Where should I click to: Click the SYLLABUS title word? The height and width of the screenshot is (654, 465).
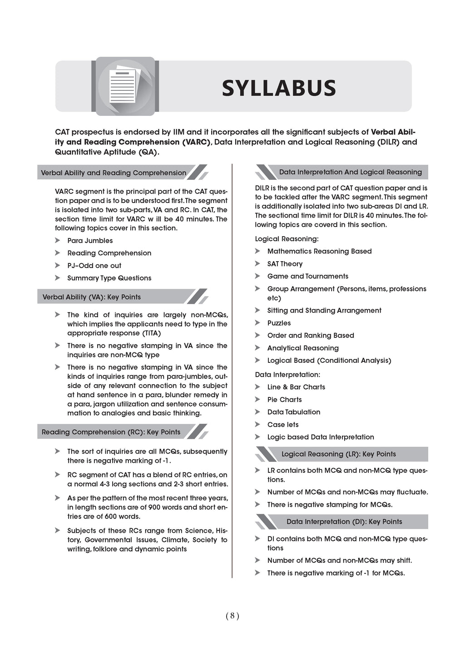click(x=278, y=88)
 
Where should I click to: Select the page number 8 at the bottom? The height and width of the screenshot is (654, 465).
click(x=232, y=616)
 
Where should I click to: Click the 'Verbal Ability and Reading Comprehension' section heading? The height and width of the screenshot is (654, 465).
click(x=114, y=173)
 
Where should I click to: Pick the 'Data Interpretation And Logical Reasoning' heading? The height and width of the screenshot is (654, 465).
click(x=350, y=172)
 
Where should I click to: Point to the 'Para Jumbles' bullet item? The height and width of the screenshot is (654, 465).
click(x=90, y=241)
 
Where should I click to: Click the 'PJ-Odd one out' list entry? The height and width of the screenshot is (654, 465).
click(x=94, y=266)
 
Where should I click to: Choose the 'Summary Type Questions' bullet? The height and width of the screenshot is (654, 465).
click(x=109, y=278)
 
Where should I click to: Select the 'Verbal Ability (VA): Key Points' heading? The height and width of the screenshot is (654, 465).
click(x=92, y=297)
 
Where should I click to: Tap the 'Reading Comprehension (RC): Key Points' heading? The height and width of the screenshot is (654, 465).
click(x=111, y=432)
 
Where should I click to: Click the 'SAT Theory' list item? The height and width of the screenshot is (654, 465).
click(x=285, y=264)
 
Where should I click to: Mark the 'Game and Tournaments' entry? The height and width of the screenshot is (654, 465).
click(x=307, y=276)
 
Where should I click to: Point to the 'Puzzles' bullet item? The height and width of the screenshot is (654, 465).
click(x=279, y=323)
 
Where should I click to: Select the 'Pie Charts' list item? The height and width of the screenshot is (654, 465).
click(x=284, y=400)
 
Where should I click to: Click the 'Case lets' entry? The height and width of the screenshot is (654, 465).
click(x=283, y=425)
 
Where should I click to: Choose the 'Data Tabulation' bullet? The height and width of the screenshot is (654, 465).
click(x=293, y=412)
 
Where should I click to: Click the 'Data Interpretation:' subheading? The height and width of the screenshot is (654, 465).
click(x=287, y=375)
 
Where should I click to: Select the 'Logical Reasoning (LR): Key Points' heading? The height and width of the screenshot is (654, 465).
click(x=338, y=454)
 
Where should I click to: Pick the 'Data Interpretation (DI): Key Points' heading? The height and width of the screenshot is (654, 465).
click(x=344, y=522)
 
